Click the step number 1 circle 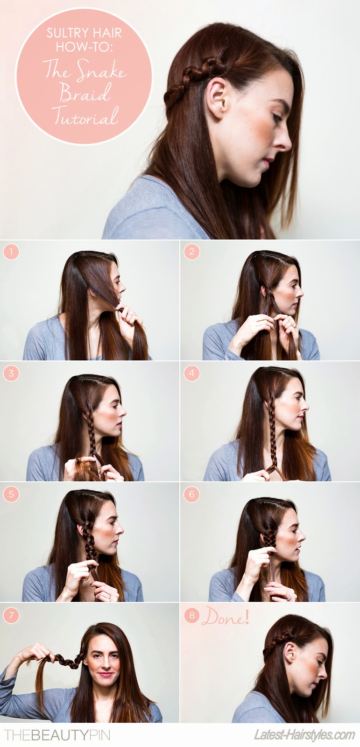click(11, 252)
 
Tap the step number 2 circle click(191, 252)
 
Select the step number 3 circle click(11, 373)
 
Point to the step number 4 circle click(191, 373)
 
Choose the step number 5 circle click(11, 494)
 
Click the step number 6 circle click(191, 494)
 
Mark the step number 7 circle click(11, 614)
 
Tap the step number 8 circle click(191, 614)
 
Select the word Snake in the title click(101, 70)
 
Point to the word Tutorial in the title click(85, 116)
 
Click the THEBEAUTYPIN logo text click(56, 735)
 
